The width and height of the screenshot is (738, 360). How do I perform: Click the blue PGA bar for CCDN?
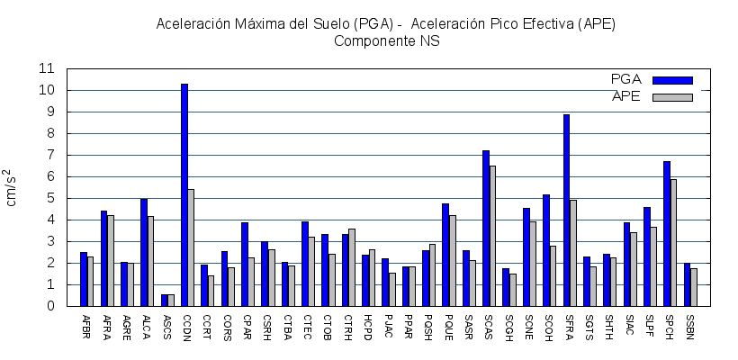[x=184, y=194]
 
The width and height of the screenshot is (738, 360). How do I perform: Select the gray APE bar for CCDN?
[x=191, y=247]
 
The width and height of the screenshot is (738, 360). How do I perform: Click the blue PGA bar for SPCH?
[x=667, y=233]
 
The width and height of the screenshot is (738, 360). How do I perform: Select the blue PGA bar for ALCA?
[x=144, y=252]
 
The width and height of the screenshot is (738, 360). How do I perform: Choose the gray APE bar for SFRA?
[x=573, y=253]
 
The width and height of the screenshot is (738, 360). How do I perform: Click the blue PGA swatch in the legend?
[x=672, y=80]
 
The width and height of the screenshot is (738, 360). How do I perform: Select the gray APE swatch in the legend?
[x=672, y=97]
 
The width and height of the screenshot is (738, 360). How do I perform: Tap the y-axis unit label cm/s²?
[x=11, y=187]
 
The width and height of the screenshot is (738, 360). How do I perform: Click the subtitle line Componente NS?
[x=386, y=40]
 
